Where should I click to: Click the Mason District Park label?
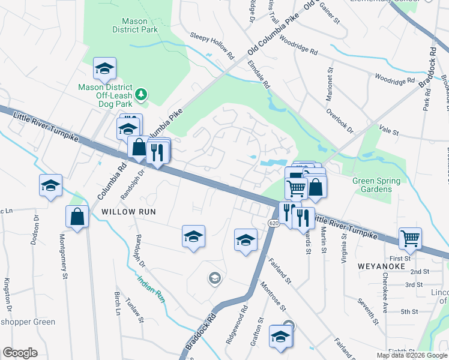(130, 25)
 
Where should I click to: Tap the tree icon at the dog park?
(141, 94)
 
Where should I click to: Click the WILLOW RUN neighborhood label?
(128, 212)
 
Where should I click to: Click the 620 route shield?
(273, 223)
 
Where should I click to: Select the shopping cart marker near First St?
(410, 238)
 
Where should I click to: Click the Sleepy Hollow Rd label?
(211, 47)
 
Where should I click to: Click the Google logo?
(20, 353)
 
